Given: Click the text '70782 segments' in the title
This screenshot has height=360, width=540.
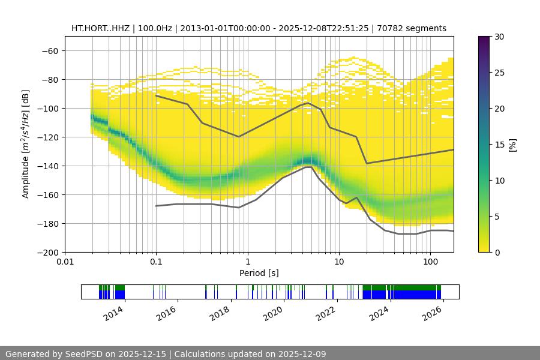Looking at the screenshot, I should point(416,28).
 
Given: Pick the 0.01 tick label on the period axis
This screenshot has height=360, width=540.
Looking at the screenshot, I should point(65,262).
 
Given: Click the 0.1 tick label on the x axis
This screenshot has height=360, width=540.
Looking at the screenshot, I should point(156,262).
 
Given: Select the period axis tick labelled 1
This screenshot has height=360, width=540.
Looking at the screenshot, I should point(247,262).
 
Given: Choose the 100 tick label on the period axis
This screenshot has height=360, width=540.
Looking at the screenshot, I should point(430,262).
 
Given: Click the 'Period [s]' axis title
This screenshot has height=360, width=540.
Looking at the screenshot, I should point(259,273).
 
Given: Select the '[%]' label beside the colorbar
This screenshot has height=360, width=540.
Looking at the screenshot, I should point(512,145).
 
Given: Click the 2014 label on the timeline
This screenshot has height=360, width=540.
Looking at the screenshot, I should point(113,313).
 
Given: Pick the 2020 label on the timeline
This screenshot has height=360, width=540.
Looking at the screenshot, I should point(273,313).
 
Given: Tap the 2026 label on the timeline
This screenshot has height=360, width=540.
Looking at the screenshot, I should point(433,313).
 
